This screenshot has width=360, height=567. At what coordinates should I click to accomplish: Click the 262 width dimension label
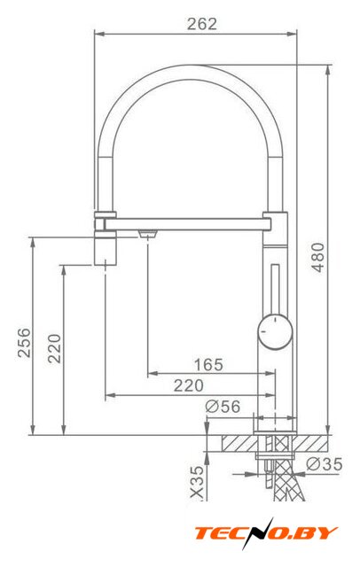pyautogui.click(x=202, y=24)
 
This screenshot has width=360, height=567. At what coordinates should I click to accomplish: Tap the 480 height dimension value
pyautogui.click(x=318, y=257)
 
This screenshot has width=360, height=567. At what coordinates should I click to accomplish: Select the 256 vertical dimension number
pyautogui.click(x=24, y=343)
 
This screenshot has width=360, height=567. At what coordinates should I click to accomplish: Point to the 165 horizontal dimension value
pyautogui.click(x=208, y=364)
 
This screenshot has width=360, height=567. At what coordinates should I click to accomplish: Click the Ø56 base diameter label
pyautogui.click(x=223, y=407)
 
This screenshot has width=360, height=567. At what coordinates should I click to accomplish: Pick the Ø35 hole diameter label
pyautogui.click(x=325, y=464)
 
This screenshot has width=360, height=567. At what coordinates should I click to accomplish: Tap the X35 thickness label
pyautogui.click(x=197, y=483)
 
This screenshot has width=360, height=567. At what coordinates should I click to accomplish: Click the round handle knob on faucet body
pyautogui.click(x=275, y=331)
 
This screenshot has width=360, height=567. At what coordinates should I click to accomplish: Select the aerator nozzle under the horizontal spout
pyautogui.click(x=147, y=234)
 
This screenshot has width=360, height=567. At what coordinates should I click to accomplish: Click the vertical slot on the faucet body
pyautogui.click(x=275, y=289)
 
